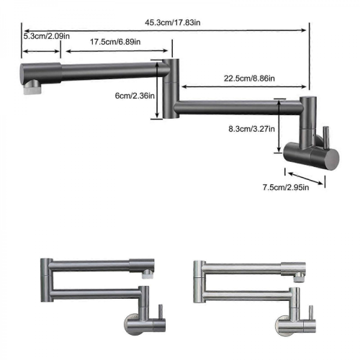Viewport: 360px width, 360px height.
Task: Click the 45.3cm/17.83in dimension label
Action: tap(173, 22)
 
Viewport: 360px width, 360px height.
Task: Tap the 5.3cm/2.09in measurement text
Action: tap(47, 36)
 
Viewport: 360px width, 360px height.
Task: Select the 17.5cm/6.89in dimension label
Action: tap(115, 42)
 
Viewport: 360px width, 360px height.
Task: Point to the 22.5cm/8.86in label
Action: tap(249, 78)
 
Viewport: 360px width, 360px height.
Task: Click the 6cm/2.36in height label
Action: tap(135, 96)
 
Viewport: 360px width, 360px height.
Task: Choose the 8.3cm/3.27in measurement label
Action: tap(251, 129)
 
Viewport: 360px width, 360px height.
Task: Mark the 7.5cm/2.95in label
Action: tap(286, 187)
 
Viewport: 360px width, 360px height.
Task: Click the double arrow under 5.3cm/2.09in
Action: tap(41, 51)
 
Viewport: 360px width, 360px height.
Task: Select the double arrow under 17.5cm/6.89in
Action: tap(117, 50)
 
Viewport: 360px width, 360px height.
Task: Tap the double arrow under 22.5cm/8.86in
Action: tap(244, 86)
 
